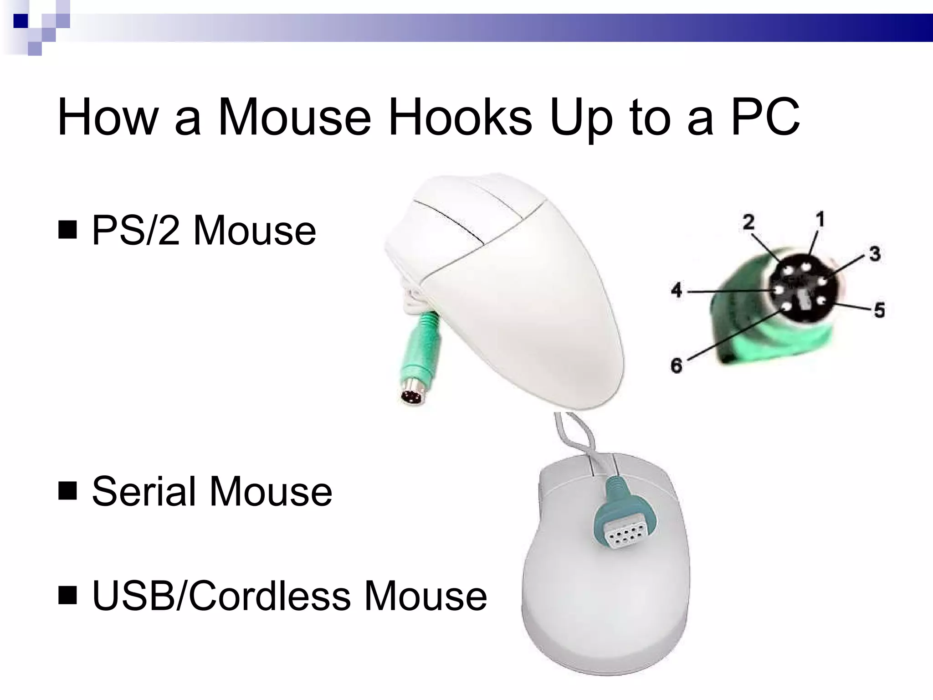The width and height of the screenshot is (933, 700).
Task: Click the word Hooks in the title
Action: click(460, 117)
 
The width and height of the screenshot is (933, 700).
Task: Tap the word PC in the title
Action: click(765, 117)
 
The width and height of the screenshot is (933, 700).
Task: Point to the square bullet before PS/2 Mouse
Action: click(67, 231)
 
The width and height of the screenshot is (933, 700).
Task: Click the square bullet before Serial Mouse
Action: click(67, 491)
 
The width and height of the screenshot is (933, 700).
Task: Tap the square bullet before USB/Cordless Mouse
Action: click(67, 596)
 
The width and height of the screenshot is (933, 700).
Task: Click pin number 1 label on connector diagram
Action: click(820, 220)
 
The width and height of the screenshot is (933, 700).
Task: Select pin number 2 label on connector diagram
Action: click(748, 222)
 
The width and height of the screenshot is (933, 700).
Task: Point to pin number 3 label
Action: click(875, 253)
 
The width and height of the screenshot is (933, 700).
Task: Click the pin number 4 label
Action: click(677, 290)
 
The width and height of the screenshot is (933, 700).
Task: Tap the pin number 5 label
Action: click(879, 310)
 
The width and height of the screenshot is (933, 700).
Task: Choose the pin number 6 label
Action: click(677, 365)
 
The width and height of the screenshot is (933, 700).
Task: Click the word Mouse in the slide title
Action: click(295, 117)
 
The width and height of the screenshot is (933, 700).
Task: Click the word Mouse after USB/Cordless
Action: click(425, 596)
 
